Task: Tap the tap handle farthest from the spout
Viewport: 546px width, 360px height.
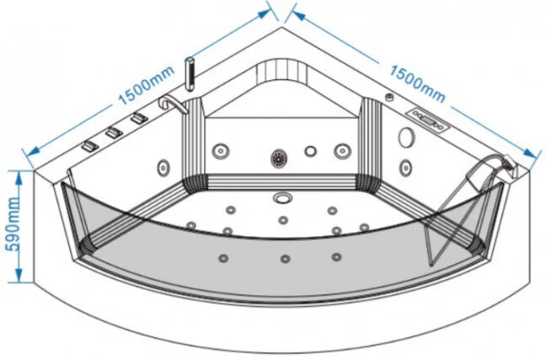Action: (x=89, y=148)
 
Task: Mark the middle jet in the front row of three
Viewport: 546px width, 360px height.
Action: (x=285, y=257)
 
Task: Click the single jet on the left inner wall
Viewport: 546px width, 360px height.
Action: (x=163, y=164)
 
